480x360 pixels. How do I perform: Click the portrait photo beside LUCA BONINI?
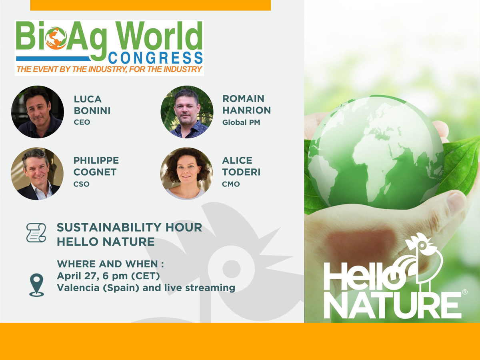coord(38,112)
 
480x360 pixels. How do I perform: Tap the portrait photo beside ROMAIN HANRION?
coord(187,112)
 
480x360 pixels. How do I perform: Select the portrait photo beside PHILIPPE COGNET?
coord(37,174)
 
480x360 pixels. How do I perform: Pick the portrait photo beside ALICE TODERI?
coord(186,174)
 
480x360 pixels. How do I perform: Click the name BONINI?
coord(92,111)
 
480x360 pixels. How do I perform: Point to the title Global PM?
coord(241,122)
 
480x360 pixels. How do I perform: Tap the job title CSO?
coord(81,184)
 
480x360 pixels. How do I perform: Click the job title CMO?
coord(231,184)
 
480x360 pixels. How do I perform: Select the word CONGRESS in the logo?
coord(156,58)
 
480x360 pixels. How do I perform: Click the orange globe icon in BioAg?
coord(56,38)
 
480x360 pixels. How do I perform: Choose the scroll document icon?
coord(36,233)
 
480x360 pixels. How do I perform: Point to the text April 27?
coord(76,276)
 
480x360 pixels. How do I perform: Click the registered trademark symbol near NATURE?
coord(465,292)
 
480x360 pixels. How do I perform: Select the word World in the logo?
coord(159,36)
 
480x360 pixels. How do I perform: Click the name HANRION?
coord(247,110)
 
